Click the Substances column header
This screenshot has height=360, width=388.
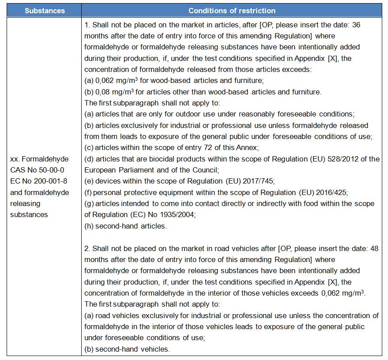coord(45,11)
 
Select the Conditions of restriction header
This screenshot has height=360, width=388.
coord(232,11)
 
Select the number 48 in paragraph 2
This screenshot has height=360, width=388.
coord(374,248)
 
